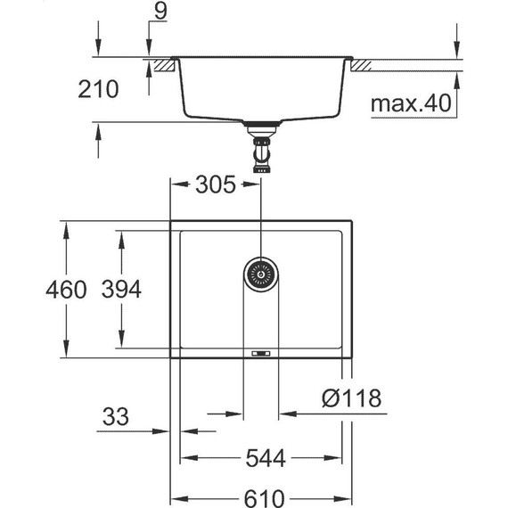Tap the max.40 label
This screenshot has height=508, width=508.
[x=411, y=104]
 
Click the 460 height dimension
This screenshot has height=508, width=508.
[x=68, y=290]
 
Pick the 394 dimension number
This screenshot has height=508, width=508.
[x=120, y=290]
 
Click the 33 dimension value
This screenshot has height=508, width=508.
[x=116, y=416]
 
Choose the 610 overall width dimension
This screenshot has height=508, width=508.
[x=264, y=496]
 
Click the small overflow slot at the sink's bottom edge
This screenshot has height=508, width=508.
[x=261, y=354]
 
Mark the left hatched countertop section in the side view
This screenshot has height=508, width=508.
[x=161, y=65]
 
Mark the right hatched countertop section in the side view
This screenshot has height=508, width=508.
[x=365, y=65]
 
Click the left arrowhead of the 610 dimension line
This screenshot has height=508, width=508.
[x=176, y=496]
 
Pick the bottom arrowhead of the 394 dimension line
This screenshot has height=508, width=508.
[x=120, y=345]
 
